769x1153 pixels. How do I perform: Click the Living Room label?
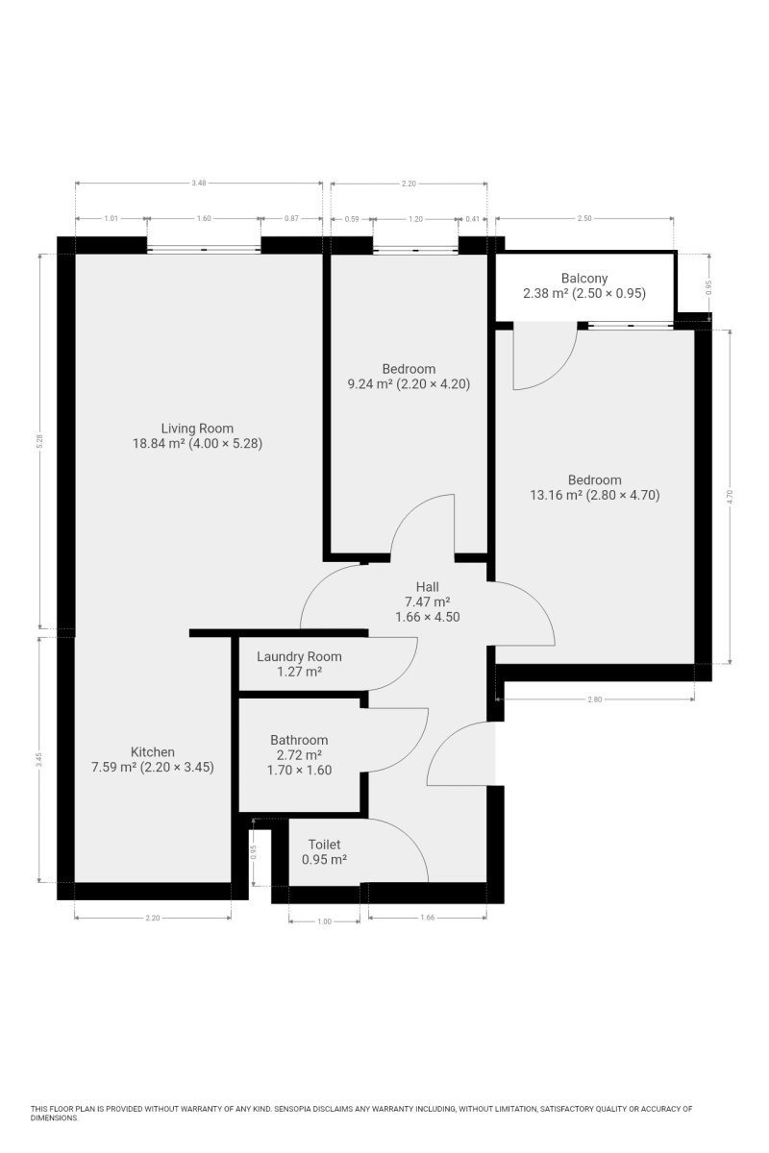point(197,429)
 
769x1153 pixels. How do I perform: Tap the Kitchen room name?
point(153,751)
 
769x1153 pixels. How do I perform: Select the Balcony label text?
point(584,279)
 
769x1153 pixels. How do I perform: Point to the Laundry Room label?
point(299,657)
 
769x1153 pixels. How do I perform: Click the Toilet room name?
point(324,845)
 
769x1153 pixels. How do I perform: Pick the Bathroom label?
point(299,740)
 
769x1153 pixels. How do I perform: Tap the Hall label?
point(427,587)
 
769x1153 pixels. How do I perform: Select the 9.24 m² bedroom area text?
point(370,384)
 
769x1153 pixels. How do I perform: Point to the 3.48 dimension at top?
point(198,183)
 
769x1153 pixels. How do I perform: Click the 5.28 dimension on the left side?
point(39,442)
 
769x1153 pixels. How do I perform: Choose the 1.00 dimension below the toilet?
point(324,921)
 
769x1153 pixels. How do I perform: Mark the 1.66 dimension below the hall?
point(427,918)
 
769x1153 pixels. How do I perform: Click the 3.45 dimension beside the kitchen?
point(39,760)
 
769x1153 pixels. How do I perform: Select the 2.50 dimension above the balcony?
point(584,218)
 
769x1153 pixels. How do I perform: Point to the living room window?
point(204,249)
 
